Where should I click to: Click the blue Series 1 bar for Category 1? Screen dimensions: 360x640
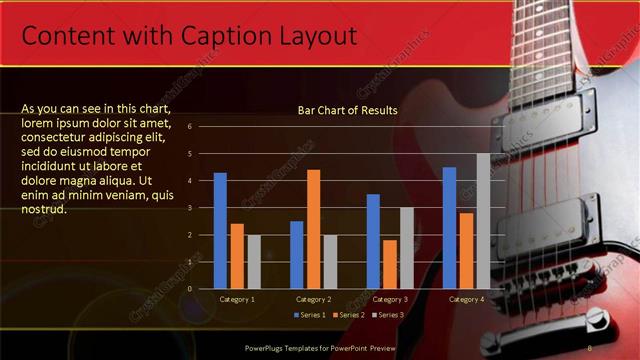click(220, 231)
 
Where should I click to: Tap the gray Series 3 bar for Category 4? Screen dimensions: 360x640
click(483, 221)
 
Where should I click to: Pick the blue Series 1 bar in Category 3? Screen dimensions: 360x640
click(373, 241)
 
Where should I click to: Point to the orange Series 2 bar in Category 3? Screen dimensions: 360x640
click(390, 264)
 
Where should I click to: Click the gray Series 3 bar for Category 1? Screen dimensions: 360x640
click(253, 262)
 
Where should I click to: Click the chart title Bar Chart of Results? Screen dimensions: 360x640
click(348, 111)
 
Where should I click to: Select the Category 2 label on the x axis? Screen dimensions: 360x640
click(312, 299)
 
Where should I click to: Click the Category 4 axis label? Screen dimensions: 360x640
click(466, 299)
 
